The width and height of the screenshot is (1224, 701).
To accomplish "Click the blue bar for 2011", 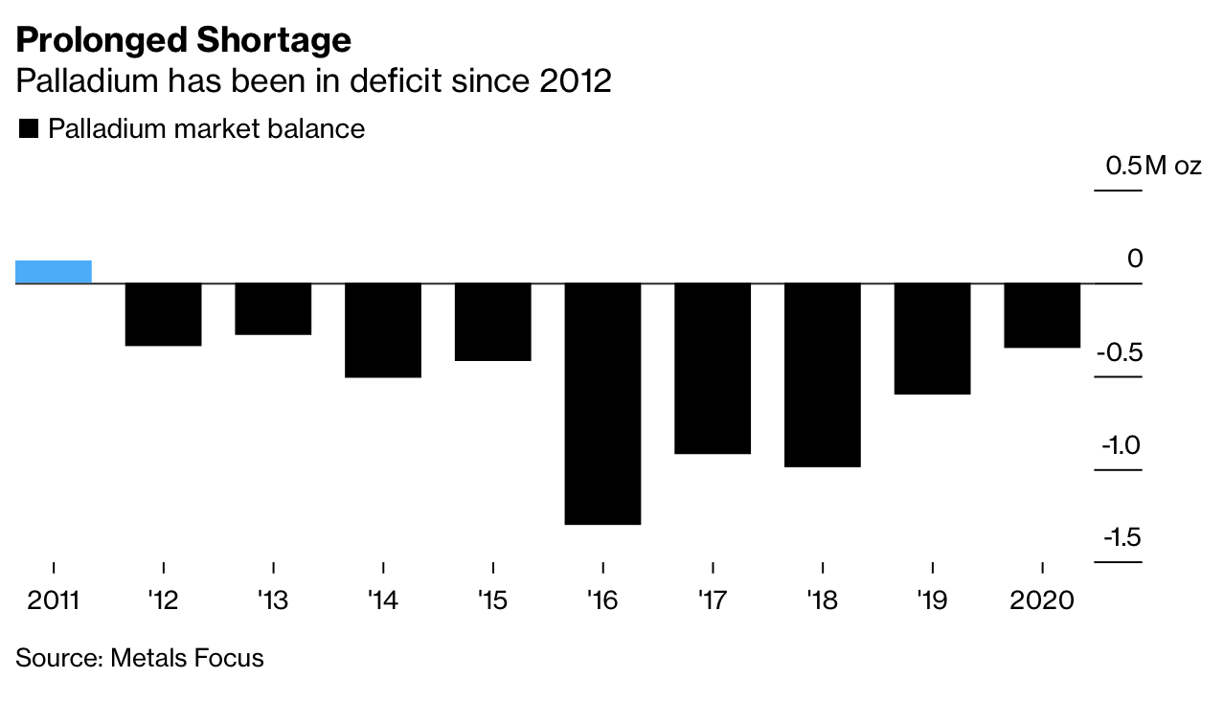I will point(54,272).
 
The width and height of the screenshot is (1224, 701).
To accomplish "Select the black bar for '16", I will point(602,403).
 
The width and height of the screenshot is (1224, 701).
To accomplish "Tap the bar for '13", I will point(273,308).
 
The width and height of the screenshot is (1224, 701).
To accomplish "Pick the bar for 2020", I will point(1042,315).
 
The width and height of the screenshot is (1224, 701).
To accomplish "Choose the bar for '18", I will point(822,374).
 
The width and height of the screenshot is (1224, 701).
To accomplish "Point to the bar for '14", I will point(383,329).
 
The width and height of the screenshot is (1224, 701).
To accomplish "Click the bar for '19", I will point(932,338).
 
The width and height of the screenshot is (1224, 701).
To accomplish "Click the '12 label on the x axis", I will point(164,600).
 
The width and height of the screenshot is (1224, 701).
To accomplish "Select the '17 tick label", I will point(713,600).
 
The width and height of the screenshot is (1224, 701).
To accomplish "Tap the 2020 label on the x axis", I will point(1043,600).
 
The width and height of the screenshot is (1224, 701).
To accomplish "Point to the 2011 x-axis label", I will point(54,600).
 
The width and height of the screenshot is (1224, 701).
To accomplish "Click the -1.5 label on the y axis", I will point(1122,537).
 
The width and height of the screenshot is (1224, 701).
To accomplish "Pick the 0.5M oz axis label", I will point(1152,166).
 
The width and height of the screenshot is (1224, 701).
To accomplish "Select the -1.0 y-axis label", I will point(1121,445).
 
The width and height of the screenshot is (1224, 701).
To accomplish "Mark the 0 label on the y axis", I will point(1135,259).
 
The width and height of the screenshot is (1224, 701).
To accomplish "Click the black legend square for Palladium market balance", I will point(28,129).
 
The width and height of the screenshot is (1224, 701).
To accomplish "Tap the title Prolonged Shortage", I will point(184,40).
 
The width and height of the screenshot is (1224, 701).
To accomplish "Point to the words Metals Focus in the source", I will point(187,658).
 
